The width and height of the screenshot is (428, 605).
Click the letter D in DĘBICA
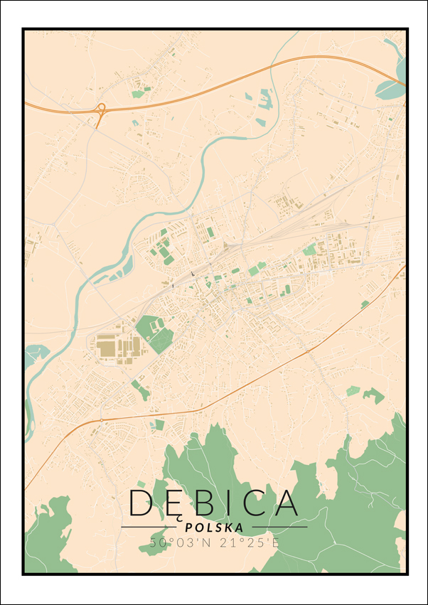[140, 503]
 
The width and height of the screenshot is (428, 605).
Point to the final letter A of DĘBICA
[287, 503]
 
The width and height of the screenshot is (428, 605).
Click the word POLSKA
[213, 528]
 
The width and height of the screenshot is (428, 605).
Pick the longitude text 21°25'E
[245, 543]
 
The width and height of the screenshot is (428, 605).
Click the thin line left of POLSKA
[149, 527]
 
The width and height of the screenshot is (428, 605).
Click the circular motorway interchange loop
[100, 109]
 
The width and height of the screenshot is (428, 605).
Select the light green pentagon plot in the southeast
[353, 390]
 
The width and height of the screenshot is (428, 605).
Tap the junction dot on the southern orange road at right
[307, 351]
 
